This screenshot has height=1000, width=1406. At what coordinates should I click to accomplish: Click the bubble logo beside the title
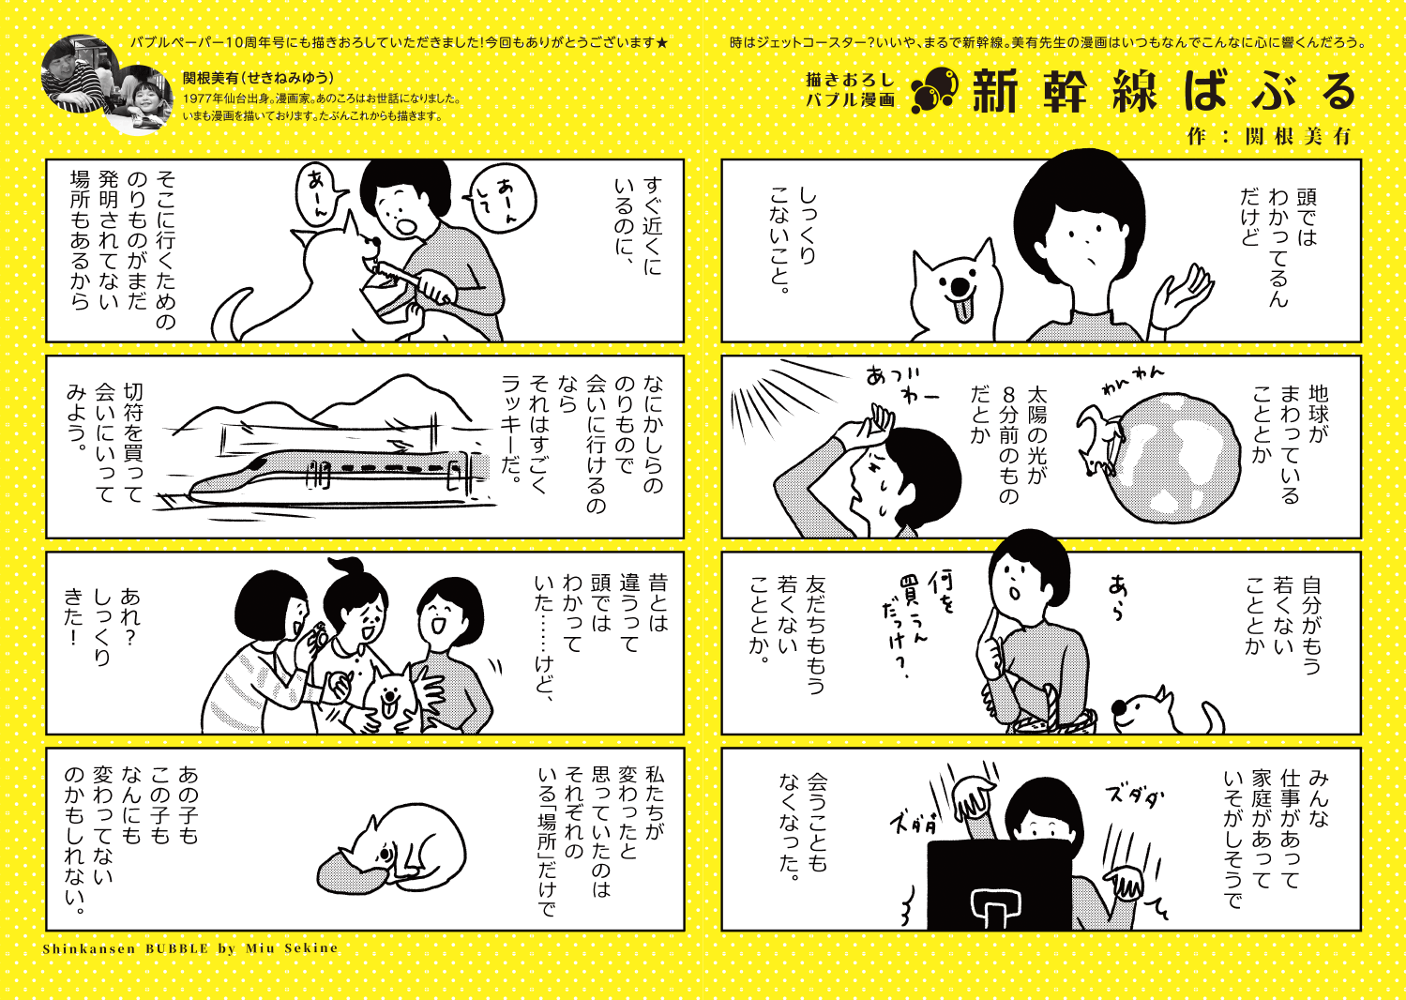[934, 90]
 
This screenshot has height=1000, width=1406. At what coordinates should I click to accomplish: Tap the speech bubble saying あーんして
[501, 196]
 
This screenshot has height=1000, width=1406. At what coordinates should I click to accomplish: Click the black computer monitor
[999, 886]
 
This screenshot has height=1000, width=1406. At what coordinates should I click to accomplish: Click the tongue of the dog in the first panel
[961, 310]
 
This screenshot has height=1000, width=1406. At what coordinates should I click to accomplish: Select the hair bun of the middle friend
[345, 568]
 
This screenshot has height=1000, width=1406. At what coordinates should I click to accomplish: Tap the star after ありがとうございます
[661, 43]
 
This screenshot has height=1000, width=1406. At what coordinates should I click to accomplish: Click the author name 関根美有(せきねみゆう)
[258, 78]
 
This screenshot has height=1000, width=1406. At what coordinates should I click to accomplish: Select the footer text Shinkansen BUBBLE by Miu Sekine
[190, 947]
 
